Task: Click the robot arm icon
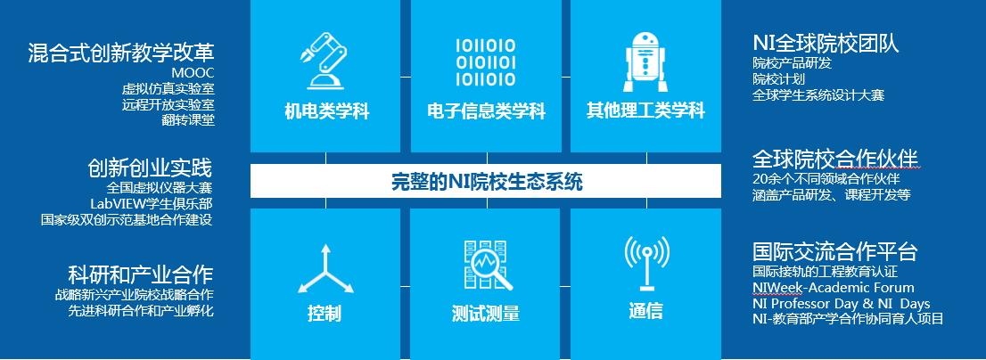tap(324, 61)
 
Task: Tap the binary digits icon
tap(486, 62)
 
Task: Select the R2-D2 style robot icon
tap(645, 61)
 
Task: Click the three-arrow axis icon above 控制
tap(325, 269)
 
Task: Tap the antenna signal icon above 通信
tap(646, 263)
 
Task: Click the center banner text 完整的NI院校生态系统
tap(487, 182)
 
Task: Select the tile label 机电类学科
tap(326, 112)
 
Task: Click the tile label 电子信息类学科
tap(486, 112)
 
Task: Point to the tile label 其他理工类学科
tap(645, 111)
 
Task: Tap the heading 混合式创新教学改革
tap(121, 53)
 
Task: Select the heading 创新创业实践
tap(151, 168)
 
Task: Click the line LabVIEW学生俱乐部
tap(152, 203)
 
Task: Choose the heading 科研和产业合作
tap(140, 274)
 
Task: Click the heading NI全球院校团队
tap(826, 43)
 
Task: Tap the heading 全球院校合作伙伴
tap(835, 158)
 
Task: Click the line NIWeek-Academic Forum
tap(834, 289)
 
